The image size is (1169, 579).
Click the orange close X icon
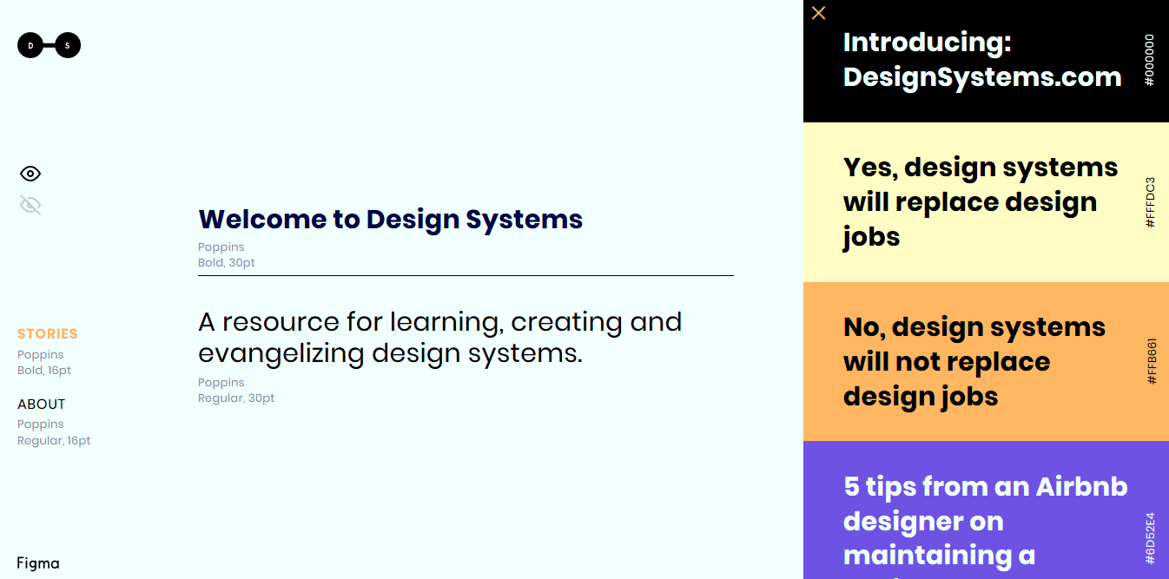tap(818, 13)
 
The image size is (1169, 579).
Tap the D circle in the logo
tap(30, 45)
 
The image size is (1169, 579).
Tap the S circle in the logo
tap(68, 45)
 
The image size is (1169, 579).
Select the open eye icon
tap(30, 173)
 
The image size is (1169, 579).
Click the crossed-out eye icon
tap(30, 205)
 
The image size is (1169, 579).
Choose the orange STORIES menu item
tap(48, 334)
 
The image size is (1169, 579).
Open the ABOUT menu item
tap(41, 405)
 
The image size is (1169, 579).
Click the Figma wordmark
tap(38, 563)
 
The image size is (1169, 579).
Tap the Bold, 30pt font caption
tap(227, 263)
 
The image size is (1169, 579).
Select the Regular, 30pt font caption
tap(236, 398)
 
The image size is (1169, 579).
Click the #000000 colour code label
tap(1149, 60)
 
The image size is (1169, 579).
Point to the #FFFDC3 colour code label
tap(1150, 202)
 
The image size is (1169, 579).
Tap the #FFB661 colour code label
tap(1152, 361)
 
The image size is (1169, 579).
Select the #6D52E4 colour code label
tap(1150, 538)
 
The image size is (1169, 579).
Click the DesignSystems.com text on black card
tap(982, 77)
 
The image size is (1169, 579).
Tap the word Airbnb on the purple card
tap(1081, 487)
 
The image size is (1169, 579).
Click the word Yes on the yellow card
tap(870, 168)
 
